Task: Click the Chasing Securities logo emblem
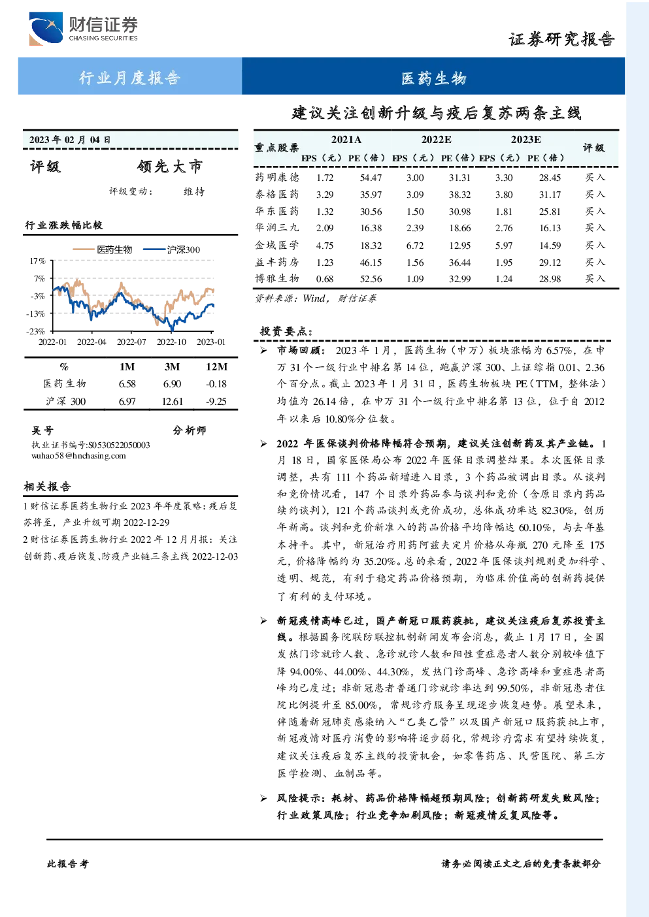[46, 28]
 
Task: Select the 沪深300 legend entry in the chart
[171, 249]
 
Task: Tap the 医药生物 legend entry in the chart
[103, 249]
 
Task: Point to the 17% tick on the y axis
[37, 261]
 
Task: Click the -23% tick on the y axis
[36, 331]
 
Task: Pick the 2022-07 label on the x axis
[131, 342]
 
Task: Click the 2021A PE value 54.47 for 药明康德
[371, 178]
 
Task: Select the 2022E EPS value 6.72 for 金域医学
[414, 246]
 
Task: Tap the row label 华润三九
[277, 227]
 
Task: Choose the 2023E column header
[525, 140]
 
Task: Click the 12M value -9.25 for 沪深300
[216, 401]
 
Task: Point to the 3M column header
[172, 367]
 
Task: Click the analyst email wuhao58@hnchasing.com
[78, 456]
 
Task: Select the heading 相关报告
[48, 487]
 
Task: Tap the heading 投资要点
[286, 330]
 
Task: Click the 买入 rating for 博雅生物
[595, 278]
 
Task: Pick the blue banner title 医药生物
[433, 78]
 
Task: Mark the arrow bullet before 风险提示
[263, 798]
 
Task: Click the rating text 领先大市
[170, 166]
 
